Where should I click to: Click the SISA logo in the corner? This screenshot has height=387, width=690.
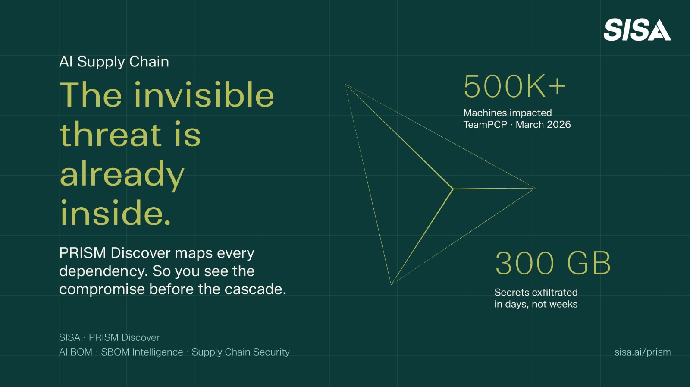(637, 30)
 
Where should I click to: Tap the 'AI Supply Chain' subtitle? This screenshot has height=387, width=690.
(114, 62)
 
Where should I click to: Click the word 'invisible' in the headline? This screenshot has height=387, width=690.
(204, 95)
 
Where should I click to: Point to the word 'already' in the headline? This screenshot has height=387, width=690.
(122, 174)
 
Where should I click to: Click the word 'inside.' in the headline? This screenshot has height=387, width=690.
(116, 213)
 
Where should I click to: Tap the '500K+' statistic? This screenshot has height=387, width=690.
(514, 86)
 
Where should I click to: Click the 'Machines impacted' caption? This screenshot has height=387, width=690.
(507, 113)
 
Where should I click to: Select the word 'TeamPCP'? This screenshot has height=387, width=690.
(485, 125)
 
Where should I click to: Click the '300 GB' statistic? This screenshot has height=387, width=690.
(553, 263)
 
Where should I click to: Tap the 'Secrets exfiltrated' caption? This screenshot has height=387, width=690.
(536, 292)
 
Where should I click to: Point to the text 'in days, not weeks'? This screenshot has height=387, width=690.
(536, 304)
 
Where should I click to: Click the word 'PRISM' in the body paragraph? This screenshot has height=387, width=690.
(82, 253)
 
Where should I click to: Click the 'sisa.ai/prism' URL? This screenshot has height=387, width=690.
(642, 352)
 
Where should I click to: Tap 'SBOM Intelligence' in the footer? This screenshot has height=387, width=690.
(142, 352)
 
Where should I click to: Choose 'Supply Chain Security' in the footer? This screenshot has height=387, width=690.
(240, 352)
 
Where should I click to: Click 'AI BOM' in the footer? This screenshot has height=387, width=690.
(75, 352)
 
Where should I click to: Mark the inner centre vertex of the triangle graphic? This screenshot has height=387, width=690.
(453, 189)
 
